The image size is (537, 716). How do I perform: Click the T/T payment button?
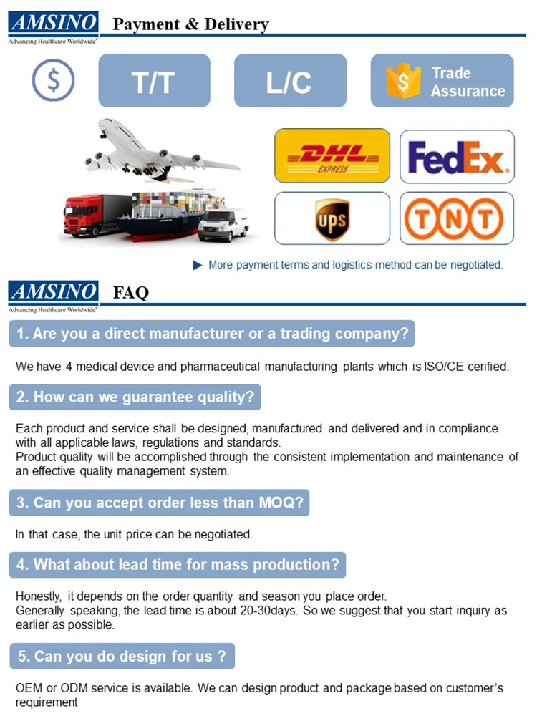154,81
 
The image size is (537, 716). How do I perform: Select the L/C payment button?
290,81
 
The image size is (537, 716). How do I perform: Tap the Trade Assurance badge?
442,81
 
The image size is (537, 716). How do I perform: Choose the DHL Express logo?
332,155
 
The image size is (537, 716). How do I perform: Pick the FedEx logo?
457,157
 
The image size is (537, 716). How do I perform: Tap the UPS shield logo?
332,219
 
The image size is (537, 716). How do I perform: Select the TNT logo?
457,219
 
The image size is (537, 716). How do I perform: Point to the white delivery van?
223,225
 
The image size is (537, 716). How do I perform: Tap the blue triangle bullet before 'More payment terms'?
198,265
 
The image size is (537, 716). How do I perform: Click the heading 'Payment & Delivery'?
191,24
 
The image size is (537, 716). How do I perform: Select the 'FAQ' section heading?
131,292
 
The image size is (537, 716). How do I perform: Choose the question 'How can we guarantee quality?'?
135,397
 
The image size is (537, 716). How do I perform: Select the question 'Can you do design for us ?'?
122,656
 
